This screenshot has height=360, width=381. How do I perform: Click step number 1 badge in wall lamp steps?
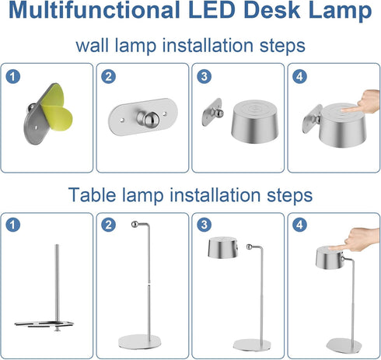pos(12,76)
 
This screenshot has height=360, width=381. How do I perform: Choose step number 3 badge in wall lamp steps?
pos(204,76)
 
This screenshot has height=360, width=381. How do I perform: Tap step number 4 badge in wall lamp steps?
pos(301,76)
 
